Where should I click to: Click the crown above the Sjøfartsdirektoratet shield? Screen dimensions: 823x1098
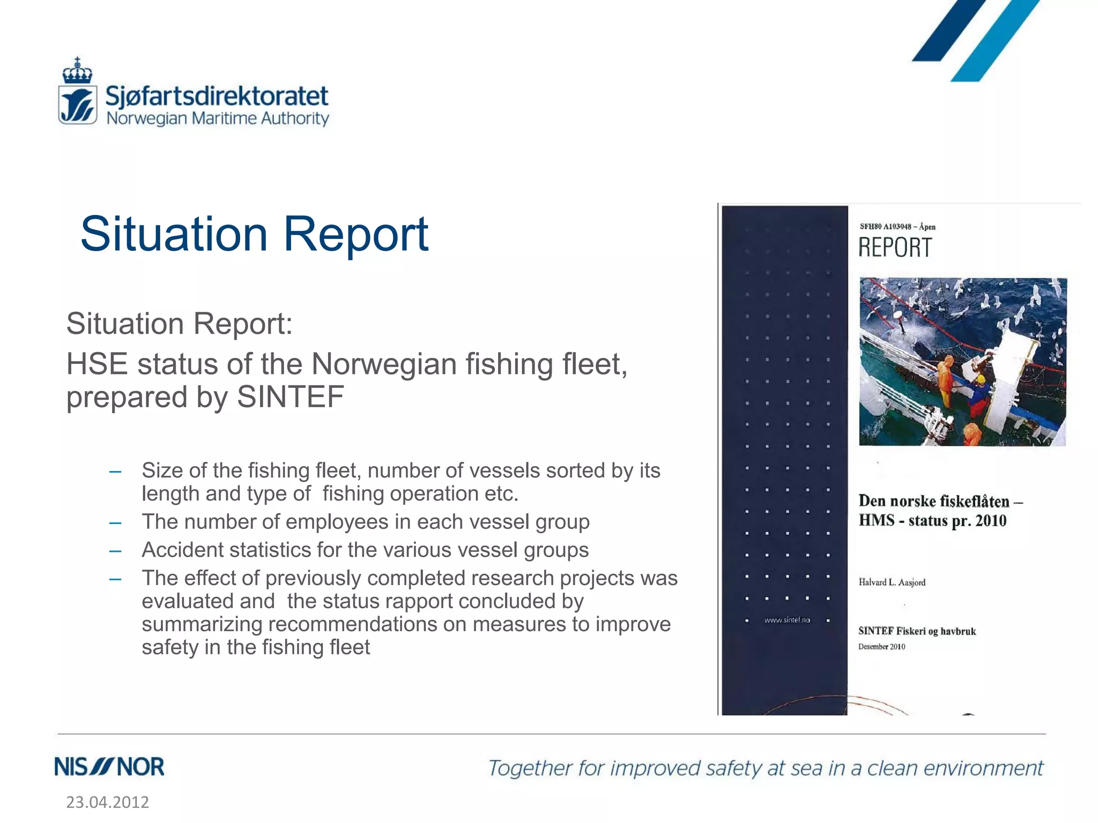pos(77,71)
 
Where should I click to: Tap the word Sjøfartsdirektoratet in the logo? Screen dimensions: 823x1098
pos(217,96)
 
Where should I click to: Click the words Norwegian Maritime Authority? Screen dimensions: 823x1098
pos(218,118)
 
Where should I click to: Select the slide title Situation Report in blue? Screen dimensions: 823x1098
pos(254,234)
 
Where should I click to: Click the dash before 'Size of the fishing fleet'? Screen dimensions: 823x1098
pos(115,472)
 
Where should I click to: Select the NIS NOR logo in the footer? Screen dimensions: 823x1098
pos(109,767)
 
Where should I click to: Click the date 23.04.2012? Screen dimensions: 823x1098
pos(107,802)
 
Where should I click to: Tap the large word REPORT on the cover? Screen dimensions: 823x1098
pos(895,248)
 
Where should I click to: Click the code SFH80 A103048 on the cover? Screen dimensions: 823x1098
pos(885,227)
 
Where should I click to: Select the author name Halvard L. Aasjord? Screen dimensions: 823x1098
pos(892,582)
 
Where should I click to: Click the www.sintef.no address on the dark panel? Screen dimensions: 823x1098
pos(787,620)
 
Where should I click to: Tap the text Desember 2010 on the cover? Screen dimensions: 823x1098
pos(881,647)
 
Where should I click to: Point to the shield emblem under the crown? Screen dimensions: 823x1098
pos(78,105)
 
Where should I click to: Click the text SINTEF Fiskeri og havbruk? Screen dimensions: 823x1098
pos(917,631)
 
